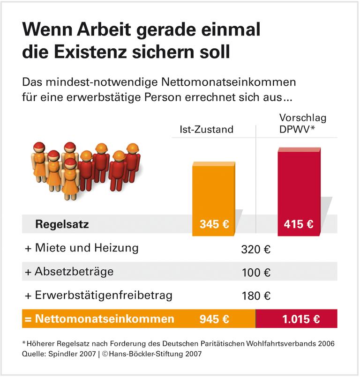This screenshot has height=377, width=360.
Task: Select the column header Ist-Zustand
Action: pos(206,129)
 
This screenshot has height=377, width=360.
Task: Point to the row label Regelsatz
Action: pos(62,224)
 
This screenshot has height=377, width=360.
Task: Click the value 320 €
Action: pos(256,249)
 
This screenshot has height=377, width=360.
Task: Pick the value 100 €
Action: pos(256,273)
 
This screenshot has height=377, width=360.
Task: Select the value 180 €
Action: pos(256,296)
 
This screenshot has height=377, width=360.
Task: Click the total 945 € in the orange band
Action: pos(214,319)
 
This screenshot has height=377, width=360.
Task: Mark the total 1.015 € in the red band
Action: pos(301,319)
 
